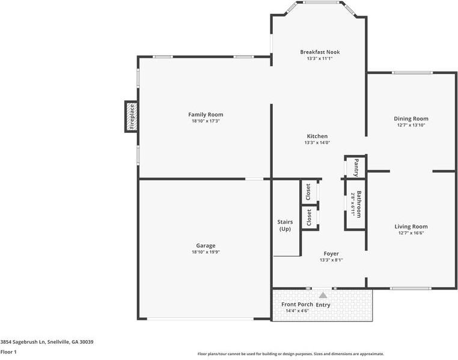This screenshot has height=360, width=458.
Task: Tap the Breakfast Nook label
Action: click(x=320, y=52)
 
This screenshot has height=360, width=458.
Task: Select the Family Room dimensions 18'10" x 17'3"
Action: click(x=206, y=121)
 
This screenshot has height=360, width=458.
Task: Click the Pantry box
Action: click(x=355, y=166)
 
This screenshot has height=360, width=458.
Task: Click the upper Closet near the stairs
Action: click(x=308, y=192)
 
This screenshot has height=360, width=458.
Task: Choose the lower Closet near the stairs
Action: click(x=308, y=217)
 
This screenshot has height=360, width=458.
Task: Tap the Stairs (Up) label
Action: click(x=285, y=225)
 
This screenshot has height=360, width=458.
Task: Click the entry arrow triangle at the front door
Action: click(x=323, y=295)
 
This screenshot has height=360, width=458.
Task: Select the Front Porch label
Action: click(x=297, y=304)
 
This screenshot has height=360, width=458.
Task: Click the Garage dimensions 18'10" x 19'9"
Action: click(x=206, y=252)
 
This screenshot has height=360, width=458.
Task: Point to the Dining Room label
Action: click(x=411, y=118)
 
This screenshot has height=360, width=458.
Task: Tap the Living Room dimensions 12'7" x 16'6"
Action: click(x=411, y=233)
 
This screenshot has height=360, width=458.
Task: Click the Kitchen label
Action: click(x=317, y=136)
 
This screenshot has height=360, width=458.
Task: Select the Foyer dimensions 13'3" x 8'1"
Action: click(x=331, y=260)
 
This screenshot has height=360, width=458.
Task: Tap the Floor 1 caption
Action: click(x=8, y=352)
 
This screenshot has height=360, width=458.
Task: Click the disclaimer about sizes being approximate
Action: click(x=290, y=354)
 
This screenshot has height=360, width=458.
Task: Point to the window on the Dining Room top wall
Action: click(x=412, y=73)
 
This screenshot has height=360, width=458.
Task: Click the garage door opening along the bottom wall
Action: click(x=205, y=319)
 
